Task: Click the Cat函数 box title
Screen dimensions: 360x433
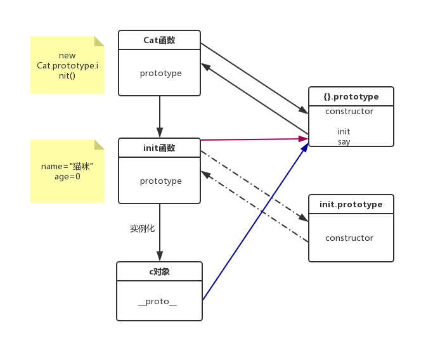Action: tap(160, 40)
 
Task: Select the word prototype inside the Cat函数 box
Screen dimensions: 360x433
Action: tap(160, 73)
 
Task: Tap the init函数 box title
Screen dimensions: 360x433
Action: tap(160, 148)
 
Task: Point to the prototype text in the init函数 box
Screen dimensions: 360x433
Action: tap(160, 181)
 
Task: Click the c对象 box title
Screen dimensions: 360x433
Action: tap(159, 271)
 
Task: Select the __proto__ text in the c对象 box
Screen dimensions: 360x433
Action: tap(157, 301)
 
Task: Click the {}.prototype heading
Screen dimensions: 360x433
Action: tap(351, 97)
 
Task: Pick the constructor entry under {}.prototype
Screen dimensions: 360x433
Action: tap(349, 112)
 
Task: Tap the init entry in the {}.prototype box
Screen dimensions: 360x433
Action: tap(344, 132)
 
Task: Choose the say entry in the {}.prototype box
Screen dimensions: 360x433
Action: tap(344, 142)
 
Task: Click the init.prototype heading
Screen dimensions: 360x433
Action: tap(351, 204)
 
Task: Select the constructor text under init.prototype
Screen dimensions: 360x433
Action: tap(349, 238)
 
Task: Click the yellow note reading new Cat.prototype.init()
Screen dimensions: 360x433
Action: tap(67, 65)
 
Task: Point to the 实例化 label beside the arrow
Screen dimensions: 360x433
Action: tap(142, 228)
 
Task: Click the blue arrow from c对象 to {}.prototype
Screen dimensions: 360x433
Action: tap(254, 222)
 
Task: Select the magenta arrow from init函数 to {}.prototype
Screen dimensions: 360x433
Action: tap(254, 139)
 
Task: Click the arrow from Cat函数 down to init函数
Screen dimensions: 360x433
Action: tap(160, 117)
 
